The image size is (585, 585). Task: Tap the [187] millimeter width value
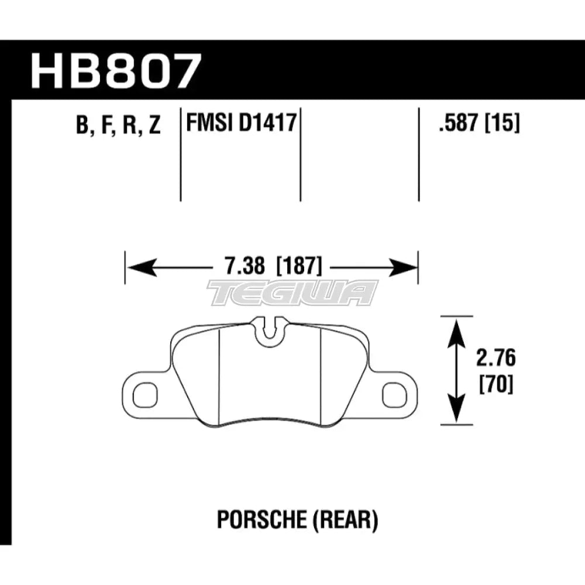click(297, 268)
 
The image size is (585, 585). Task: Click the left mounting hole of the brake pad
click(142, 395)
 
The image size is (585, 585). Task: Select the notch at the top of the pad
click(269, 328)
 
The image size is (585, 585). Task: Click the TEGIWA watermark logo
click(292, 292)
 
